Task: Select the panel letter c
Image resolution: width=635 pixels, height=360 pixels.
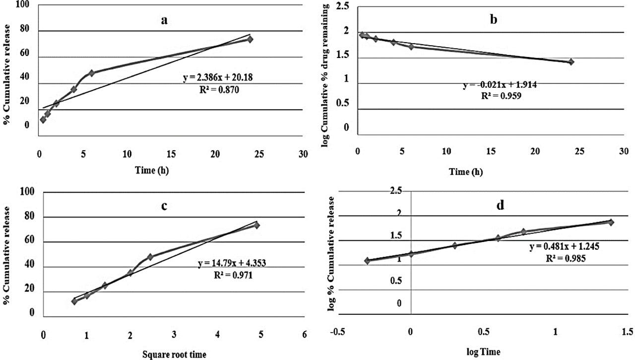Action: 164,205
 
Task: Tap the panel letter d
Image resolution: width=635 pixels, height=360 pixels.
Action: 500,204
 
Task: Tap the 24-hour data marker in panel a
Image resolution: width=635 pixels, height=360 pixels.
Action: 250,39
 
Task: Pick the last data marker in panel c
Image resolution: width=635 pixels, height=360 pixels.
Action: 257,225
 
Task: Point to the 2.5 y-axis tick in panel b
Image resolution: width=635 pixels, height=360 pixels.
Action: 342,6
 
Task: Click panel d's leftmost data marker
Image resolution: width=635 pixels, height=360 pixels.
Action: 368,261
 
